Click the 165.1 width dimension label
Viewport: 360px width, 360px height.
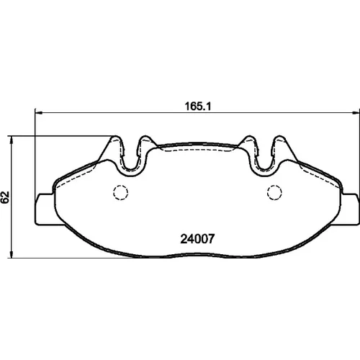click(198, 107)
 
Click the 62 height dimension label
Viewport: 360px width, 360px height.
click(5, 197)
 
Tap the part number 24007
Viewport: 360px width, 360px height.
click(197, 239)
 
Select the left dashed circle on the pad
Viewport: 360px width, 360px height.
click(120, 192)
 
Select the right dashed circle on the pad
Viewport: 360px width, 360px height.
click(274, 192)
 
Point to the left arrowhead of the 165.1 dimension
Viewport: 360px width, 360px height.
click(39, 112)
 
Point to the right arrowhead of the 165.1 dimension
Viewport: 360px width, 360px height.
click(356, 112)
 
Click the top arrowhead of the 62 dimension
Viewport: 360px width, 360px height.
click(11, 140)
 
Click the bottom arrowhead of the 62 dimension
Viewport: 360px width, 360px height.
click(11, 254)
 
